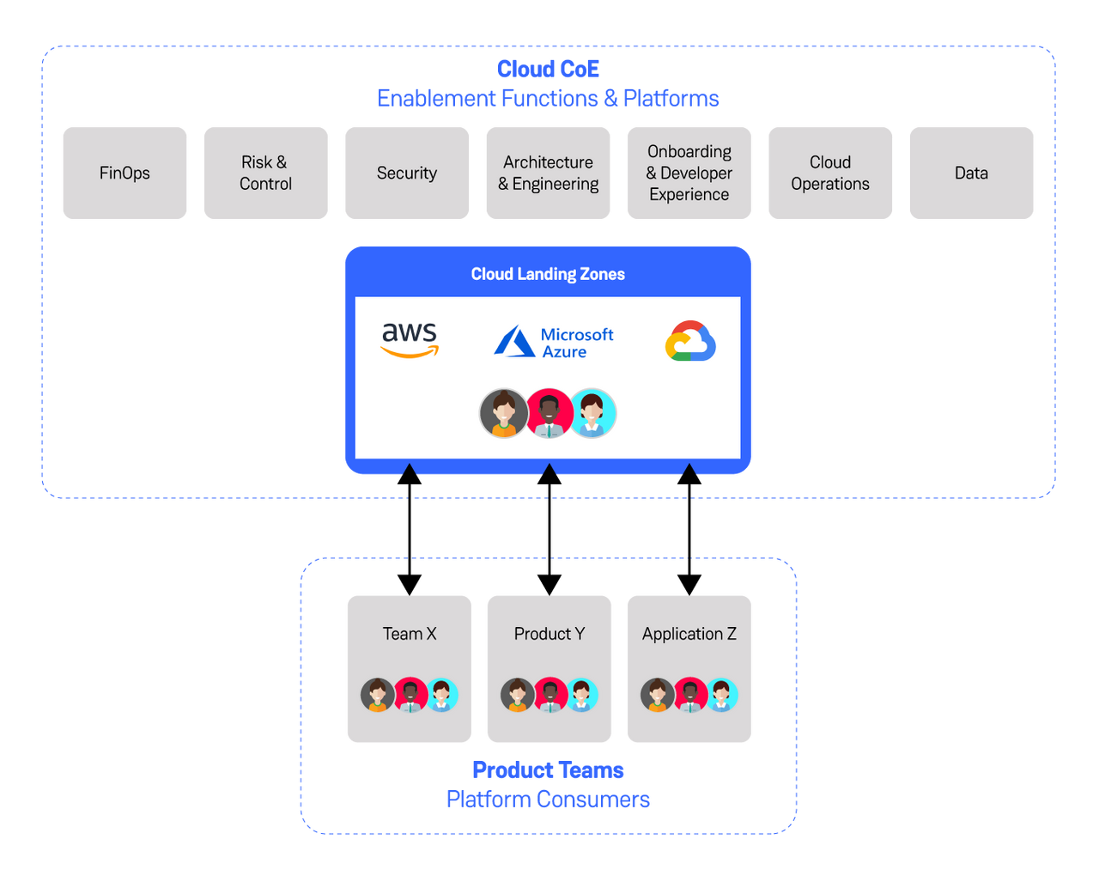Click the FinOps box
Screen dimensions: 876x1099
[x=124, y=173]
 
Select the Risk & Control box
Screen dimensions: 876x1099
[x=265, y=173]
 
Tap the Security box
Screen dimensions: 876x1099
[x=407, y=173]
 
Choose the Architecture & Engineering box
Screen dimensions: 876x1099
[x=548, y=173]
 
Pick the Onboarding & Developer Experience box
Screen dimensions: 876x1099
[x=689, y=173]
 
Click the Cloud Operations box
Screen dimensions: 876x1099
[x=830, y=173]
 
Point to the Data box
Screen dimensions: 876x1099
[x=971, y=173]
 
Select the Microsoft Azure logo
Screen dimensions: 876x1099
[x=554, y=342]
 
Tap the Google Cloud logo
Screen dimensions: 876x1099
[x=690, y=341]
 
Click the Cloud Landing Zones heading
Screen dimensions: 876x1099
[x=548, y=274]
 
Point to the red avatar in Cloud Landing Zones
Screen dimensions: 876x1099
[x=549, y=413]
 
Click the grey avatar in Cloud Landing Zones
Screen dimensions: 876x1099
[x=504, y=413]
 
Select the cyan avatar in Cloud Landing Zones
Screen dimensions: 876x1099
[x=593, y=413]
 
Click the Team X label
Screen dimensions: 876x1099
[x=410, y=634]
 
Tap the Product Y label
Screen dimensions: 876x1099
[x=549, y=634]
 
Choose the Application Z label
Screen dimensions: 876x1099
[x=689, y=634]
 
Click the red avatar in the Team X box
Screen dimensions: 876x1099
[x=411, y=695]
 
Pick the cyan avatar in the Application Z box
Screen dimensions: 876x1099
[x=721, y=695]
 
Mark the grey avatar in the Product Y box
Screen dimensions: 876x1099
[x=518, y=695]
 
